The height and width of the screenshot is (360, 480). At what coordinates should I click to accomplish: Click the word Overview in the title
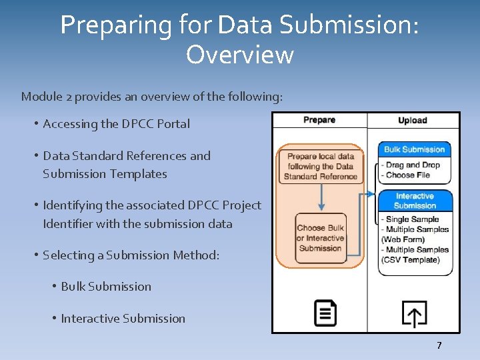239,55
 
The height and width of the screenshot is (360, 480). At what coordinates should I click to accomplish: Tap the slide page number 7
439,345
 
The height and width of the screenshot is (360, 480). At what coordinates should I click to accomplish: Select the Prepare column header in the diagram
319,120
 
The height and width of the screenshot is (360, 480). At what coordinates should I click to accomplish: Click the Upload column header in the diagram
412,120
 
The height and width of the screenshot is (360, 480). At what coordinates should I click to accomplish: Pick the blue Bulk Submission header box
415,149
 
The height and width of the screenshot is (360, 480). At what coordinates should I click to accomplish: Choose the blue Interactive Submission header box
415,201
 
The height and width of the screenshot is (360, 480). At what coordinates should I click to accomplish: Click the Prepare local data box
321,166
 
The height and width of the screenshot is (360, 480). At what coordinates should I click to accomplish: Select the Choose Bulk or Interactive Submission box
321,238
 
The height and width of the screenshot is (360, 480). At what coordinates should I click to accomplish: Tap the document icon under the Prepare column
325,313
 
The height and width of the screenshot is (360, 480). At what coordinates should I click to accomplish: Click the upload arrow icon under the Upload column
414,314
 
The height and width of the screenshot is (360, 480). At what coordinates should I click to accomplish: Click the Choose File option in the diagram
407,175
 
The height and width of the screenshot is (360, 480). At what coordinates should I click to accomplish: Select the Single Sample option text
412,219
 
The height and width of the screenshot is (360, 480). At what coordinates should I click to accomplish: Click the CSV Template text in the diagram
411,260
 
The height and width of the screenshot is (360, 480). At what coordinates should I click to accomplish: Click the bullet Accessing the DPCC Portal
116,124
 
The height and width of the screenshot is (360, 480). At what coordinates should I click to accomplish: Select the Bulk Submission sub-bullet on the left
106,287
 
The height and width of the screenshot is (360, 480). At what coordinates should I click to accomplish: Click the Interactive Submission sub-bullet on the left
123,319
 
